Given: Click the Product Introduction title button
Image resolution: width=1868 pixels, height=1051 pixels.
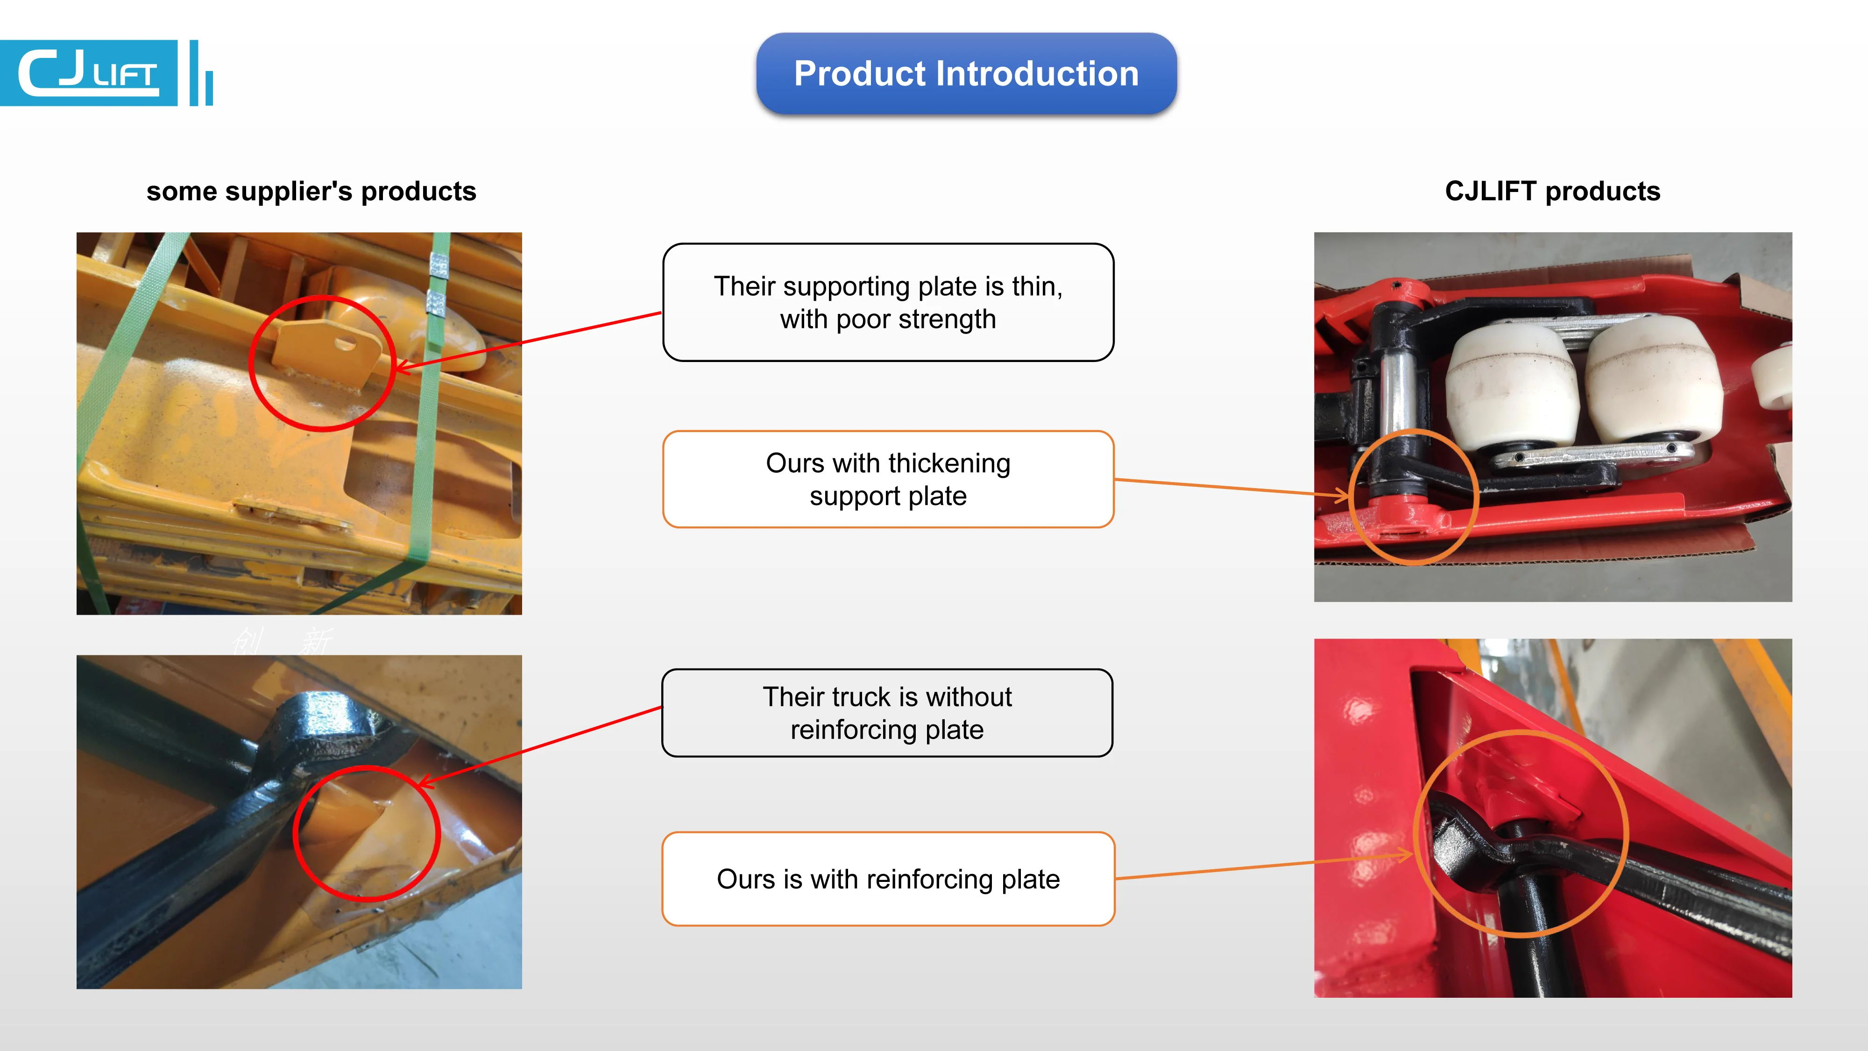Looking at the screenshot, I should point(966,73).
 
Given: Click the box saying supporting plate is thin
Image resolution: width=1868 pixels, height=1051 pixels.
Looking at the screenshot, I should point(888,302).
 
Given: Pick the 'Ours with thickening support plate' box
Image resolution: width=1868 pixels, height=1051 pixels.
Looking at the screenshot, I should point(888,479).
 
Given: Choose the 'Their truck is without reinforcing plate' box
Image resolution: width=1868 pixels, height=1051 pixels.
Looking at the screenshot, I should point(887,712).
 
